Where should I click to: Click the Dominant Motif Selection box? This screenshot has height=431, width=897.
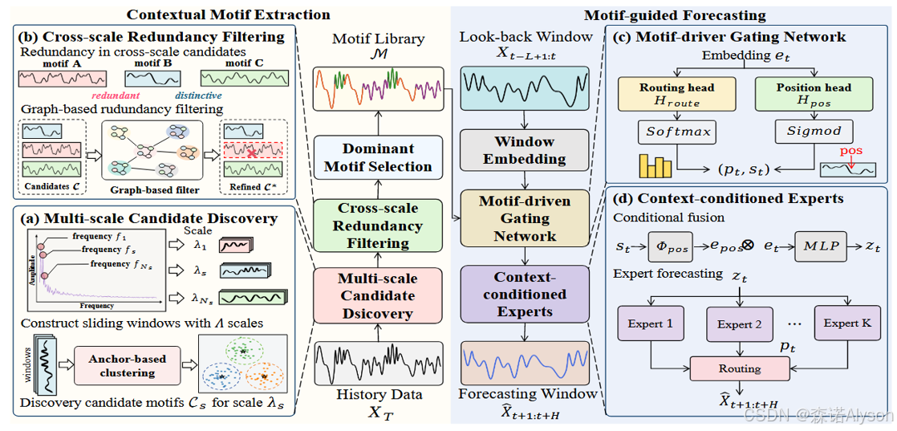click(x=377, y=157)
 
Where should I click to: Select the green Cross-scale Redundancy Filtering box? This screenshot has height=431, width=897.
click(x=377, y=226)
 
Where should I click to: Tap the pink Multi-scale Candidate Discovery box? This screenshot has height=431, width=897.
click(x=377, y=295)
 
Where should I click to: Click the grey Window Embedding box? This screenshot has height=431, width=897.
click(x=524, y=150)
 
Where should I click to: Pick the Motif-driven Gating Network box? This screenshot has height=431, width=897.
click(x=524, y=218)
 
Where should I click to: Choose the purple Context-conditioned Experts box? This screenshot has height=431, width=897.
click(x=524, y=294)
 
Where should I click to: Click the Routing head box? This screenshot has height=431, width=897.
click(x=676, y=95)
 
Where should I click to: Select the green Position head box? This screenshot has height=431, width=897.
click(x=814, y=95)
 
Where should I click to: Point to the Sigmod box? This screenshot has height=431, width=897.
click(x=814, y=132)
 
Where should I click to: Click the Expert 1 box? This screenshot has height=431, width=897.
click(x=650, y=323)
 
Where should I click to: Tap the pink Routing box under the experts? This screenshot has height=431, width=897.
click(x=739, y=368)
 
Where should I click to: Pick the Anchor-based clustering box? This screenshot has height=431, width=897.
click(x=127, y=366)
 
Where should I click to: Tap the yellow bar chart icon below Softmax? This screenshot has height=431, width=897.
click(x=653, y=166)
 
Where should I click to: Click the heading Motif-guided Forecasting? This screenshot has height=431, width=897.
click(x=674, y=15)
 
